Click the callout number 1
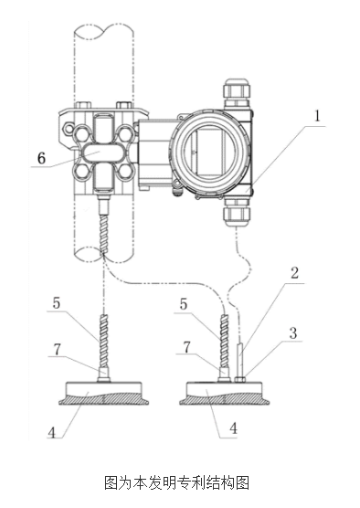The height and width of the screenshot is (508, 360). click(318, 116)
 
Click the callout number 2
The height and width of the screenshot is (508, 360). click(294, 273)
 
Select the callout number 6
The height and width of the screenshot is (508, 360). click(42, 158)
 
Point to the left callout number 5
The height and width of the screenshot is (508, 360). click(57, 303)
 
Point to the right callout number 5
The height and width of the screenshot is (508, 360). click(184, 304)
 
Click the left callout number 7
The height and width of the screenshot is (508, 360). click(57, 349)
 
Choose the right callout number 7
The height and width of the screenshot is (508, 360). click(186, 347)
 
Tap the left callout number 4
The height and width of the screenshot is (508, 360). click(52, 432)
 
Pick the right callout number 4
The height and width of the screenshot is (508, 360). click(233, 428)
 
